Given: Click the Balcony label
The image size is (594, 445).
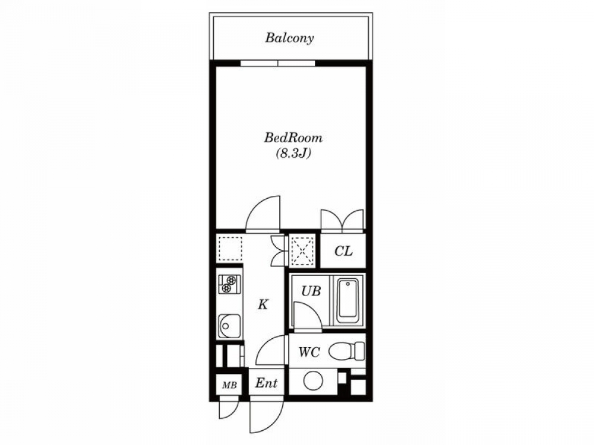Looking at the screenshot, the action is coord(289,38).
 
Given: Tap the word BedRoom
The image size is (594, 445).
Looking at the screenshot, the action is coord(293,138).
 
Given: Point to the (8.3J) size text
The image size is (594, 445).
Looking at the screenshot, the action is coord(293,153).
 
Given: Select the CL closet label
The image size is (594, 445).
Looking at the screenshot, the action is coord(343,251).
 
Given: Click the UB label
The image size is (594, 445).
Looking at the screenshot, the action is coord(311,291).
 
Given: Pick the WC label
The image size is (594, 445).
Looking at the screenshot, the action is coord(309,352).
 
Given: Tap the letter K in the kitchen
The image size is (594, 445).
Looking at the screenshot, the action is coord(263,304).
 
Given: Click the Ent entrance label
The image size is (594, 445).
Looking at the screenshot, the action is coord(266,383).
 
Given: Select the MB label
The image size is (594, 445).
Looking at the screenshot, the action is coord(229,386).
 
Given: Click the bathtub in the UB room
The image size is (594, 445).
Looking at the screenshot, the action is coord(347,299).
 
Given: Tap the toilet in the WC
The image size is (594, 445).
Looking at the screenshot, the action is coord(347,351).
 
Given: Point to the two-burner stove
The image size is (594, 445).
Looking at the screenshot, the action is coord(229,284).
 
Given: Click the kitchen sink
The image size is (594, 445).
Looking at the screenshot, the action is coord(229,326).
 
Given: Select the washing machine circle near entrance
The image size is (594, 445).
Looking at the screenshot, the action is coord(313,381).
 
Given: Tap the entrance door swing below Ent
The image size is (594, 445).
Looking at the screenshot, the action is coord(267,417).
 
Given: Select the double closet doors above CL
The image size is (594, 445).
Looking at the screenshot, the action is coord(343,220).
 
